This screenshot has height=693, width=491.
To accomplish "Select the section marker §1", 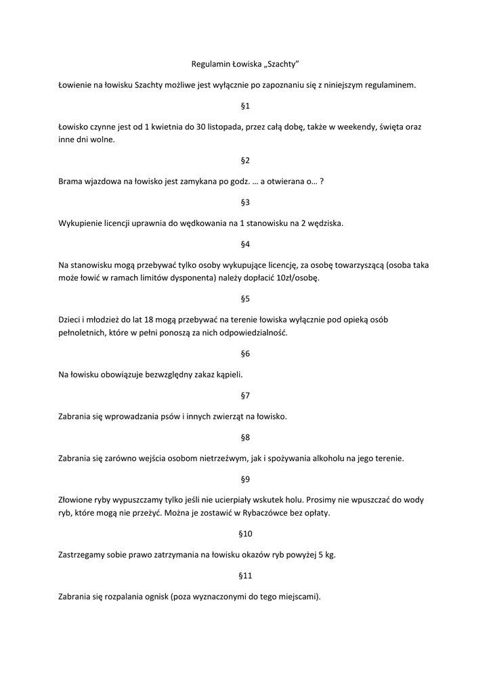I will pyautogui.click(x=245, y=106).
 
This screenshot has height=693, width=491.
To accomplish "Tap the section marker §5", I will pyautogui.click(x=245, y=298).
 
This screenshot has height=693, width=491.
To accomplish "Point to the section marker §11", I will pyautogui.click(x=245, y=576).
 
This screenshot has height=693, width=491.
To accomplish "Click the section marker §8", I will pyautogui.click(x=245, y=437).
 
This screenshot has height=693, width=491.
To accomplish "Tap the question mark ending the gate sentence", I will pyautogui.click(x=322, y=181).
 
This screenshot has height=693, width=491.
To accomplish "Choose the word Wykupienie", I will pyautogui.click(x=81, y=223).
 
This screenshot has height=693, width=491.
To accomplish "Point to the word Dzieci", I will pyautogui.click(x=70, y=319).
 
